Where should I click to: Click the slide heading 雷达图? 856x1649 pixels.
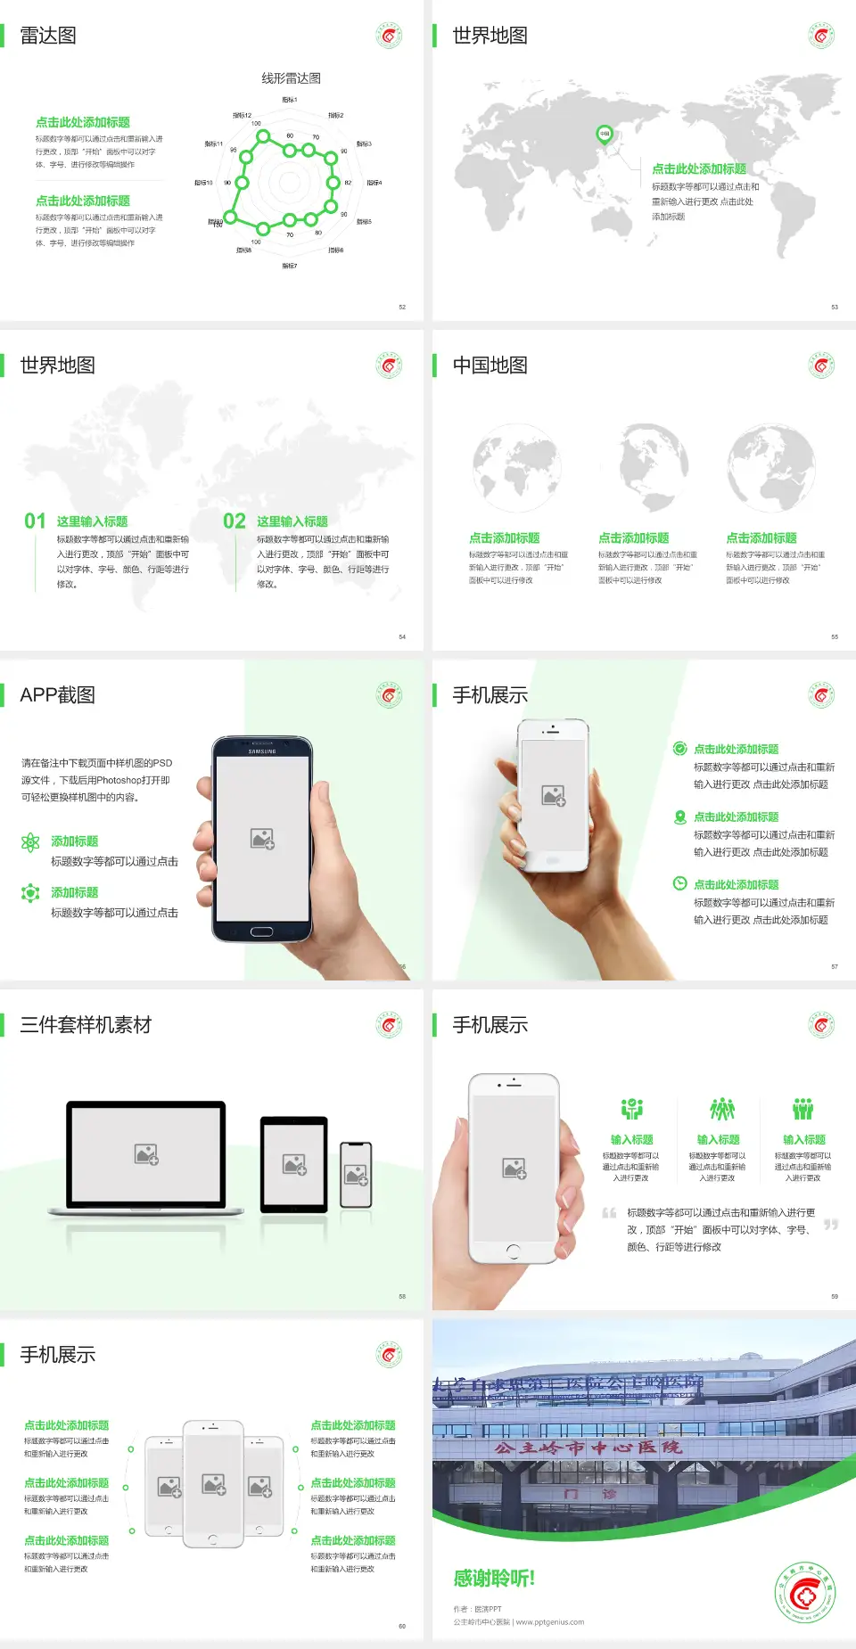pyautogui.click(x=48, y=36)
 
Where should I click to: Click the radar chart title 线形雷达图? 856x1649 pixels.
pyautogui.click(x=291, y=78)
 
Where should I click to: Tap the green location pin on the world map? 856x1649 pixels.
pyautogui.click(x=604, y=135)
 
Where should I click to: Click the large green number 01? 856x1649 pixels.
pyautogui.click(x=35, y=521)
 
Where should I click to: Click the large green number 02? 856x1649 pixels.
pyautogui.click(x=235, y=521)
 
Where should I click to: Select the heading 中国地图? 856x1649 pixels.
pyautogui.click(x=490, y=365)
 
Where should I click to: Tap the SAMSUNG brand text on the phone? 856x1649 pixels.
pyautogui.click(x=262, y=751)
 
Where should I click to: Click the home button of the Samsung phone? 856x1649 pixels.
pyautogui.click(x=261, y=931)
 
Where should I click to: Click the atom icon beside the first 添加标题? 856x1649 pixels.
pyautogui.click(x=30, y=842)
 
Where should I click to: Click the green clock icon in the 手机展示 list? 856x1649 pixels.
pyautogui.click(x=679, y=883)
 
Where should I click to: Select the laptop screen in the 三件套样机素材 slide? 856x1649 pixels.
pyautogui.click(x=146, y=1153)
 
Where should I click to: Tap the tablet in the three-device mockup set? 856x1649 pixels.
pyautogui.click(x=294, y=1163)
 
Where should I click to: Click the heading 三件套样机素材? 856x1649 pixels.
pyautogui.click(x=86, y=1025)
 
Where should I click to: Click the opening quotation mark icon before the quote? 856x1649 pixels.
pyautogui.click(x=609, y=1213)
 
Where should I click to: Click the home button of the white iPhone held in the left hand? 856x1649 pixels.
pyautogui.click(x=513, y=1251)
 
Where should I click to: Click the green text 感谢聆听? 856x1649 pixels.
pyautogui.click(x=493, y=1579)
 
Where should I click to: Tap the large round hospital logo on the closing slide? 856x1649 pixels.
pyautogui.click(x=805, y=1593)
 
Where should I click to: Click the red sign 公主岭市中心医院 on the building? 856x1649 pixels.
pyautogui.click(x=588, y=1448)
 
